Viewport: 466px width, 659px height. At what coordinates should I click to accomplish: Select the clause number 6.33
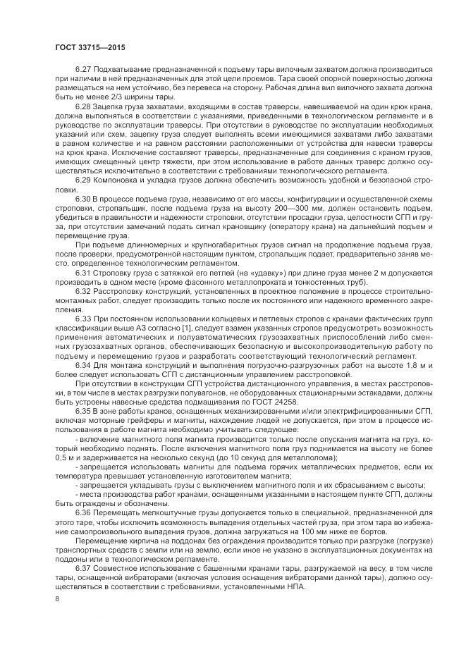pyautogui.click(x=83, y=320)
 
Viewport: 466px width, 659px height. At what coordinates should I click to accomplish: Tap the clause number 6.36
pyautogui.click(x=83, y=514)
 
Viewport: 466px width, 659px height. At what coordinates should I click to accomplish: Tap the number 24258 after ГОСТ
pyautogui.click(x=283, y=401)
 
